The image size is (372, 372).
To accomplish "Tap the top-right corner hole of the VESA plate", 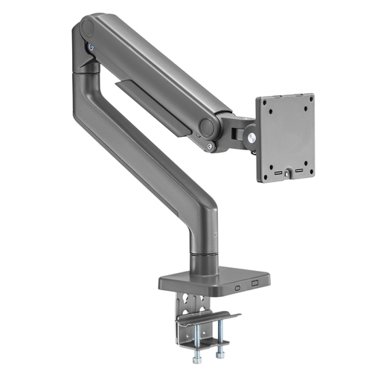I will [x=307, y=100].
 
